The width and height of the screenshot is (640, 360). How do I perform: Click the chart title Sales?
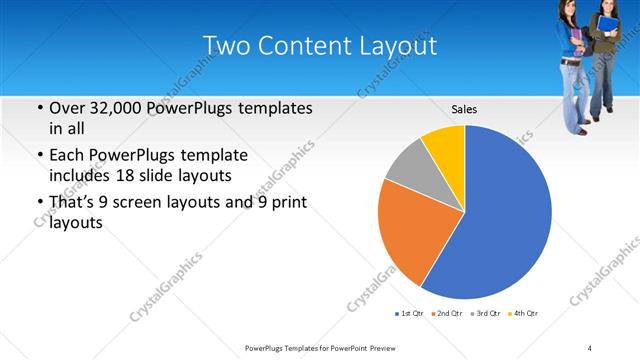pyautogui.click(x=464, y=109)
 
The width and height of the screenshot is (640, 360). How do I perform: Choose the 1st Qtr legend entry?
pyautogui.click(x=411, y=313)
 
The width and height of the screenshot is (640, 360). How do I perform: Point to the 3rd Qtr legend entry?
pyautogui.click(x=487, y=313)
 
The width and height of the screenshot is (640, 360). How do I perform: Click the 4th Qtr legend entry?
pyautogui.click(x=524, y=313)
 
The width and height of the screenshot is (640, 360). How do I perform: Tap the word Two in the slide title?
pyautogui.click(x=226, y=46)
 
